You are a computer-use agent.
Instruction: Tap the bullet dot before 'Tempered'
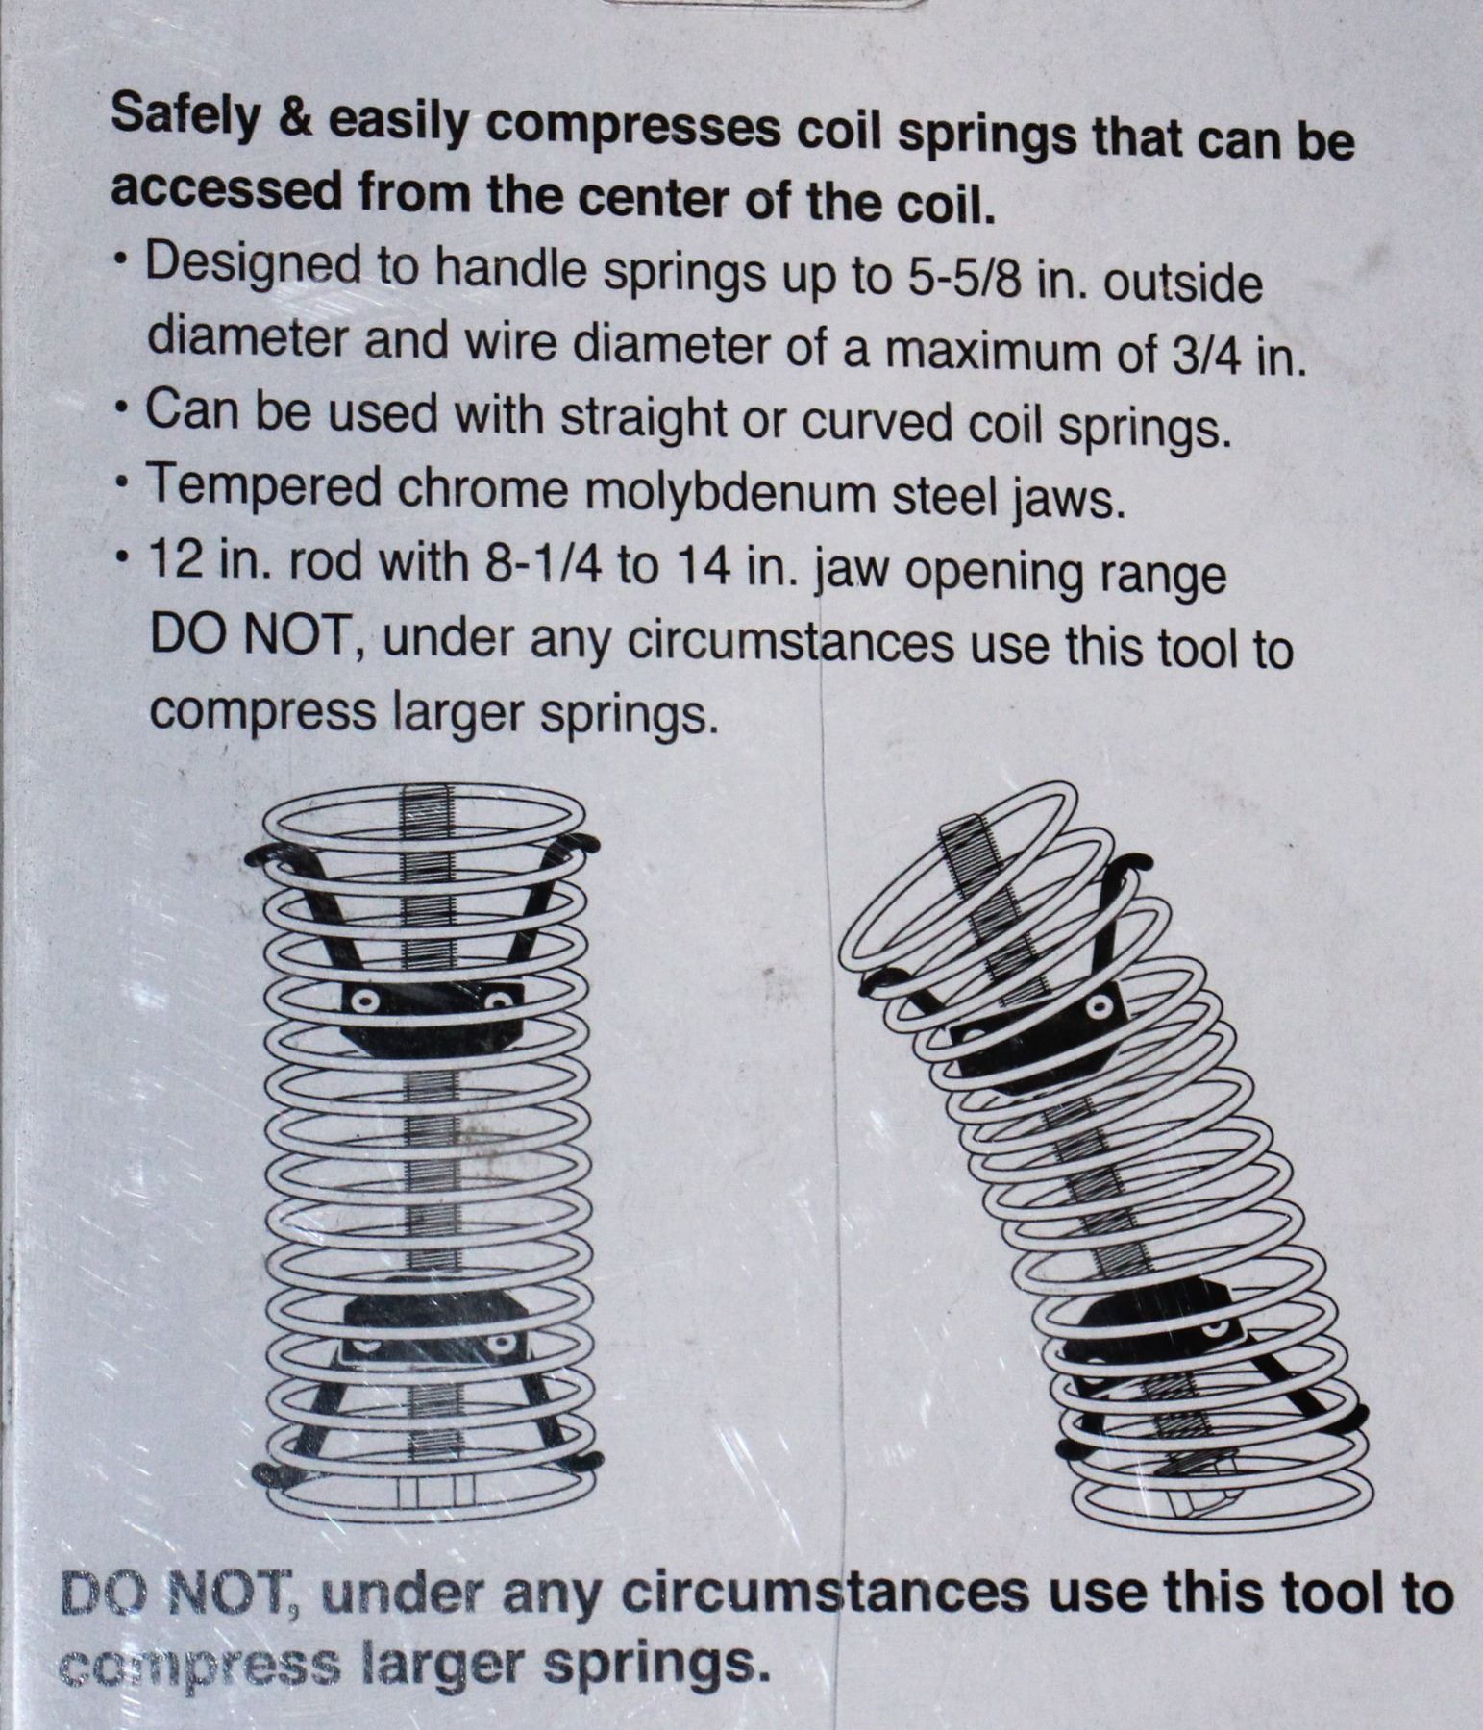[x=119, y=487]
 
